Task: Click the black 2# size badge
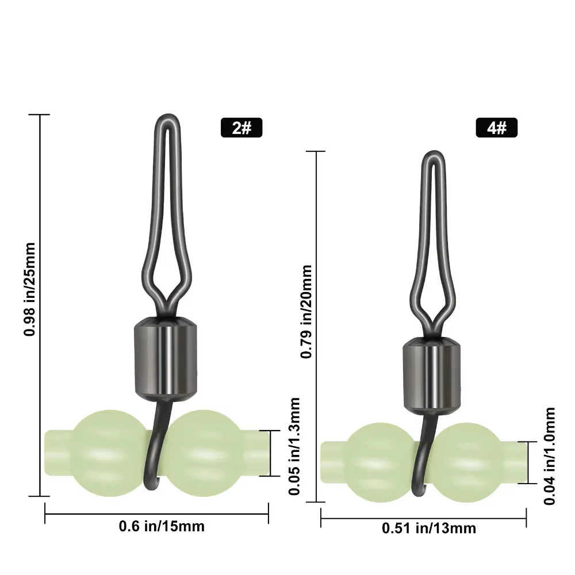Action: [x=241, y=128]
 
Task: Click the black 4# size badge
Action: [x=497, y=128]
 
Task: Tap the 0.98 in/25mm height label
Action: [x=29, y=289]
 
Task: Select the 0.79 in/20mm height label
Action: [x=306, y=311]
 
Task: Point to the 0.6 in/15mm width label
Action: [x=162, y=526]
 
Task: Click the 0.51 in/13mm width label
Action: [x=429, y=528]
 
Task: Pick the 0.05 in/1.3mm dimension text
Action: [x=294, y=446]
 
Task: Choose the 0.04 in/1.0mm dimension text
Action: [x=550, y=456]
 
